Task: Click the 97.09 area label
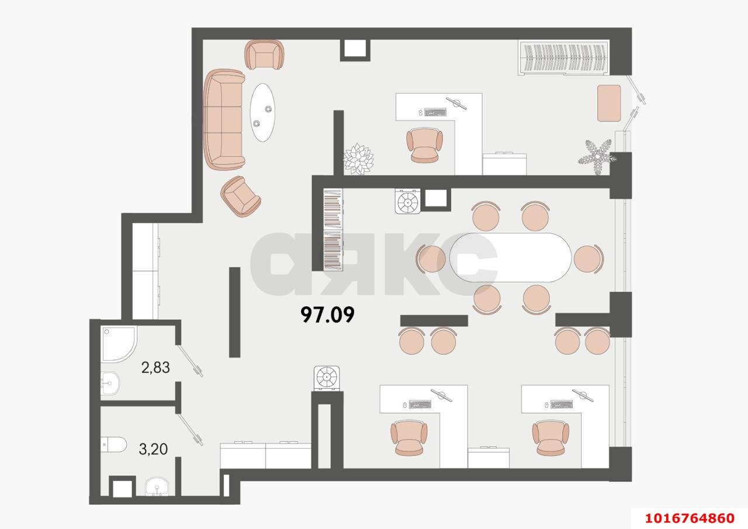[327, 315]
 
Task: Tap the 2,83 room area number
[155, 368]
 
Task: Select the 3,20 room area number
[153, 449]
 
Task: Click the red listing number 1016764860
[690, 518]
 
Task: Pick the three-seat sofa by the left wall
[224, 120]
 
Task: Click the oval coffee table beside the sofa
[263, 113]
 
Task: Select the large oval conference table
[510, 258]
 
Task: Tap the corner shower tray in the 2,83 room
[118, 343]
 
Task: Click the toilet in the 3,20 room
[113, 444]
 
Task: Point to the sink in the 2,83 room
[110, 383]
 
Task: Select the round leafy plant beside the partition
[358, 158]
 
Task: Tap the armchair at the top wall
[264, 55]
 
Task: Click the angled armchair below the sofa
[240, 196]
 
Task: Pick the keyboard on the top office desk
[435, 112]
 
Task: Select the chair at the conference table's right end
[588, 258]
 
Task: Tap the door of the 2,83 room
[190, 361]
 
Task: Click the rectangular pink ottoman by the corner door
[609, 103]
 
